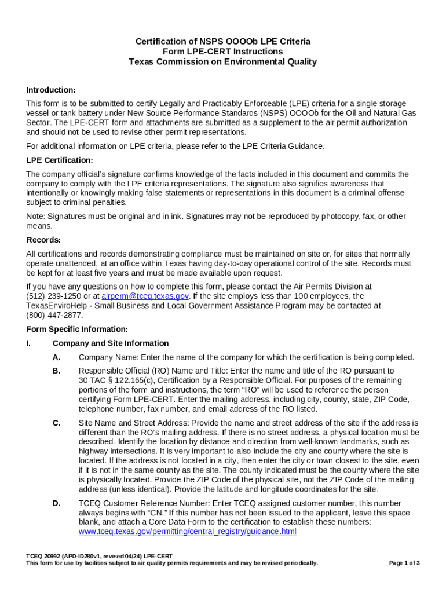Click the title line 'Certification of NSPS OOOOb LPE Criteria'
click(222, 42)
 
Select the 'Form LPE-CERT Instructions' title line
click(222, 52)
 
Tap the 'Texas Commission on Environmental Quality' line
click(222, 61)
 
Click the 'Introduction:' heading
click(51, 90)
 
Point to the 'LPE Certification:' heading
click(60, 160)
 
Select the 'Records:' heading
click(43, 240)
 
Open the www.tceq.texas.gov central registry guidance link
click(187, 531)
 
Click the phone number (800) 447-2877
click(54, 315)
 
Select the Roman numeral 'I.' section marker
click(29, 343)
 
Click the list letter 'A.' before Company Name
click(56, 357)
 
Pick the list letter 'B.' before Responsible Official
click(56, 371)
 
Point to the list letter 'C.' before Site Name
click(56, 423)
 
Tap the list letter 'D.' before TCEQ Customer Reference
click(56, 503)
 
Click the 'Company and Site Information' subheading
click(111, 343)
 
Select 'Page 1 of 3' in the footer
click(404, 563)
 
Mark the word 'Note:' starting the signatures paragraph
click(36, 217)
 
